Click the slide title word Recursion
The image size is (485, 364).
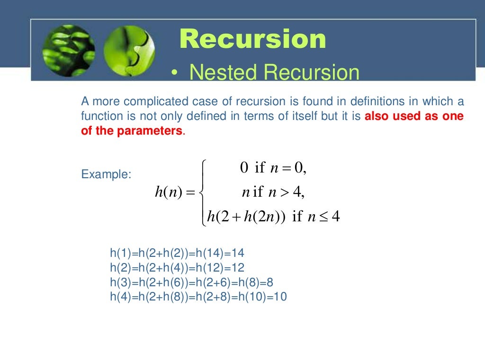click(253, 39)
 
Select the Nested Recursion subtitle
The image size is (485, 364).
click(274, 73)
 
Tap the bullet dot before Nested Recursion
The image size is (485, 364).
click(175, 73)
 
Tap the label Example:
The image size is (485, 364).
click(106, 174)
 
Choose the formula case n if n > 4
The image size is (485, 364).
click(273, 192)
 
